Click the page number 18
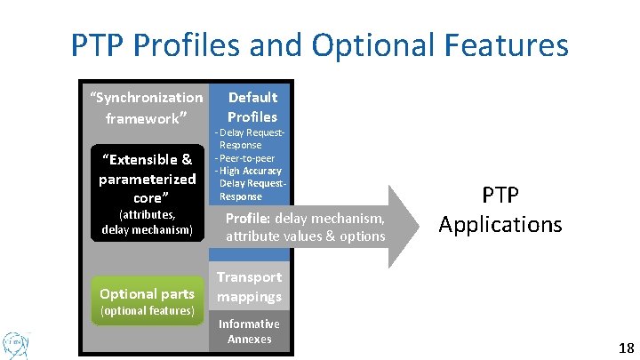(x=625, y=348)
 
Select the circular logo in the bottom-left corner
(x=15, y=342)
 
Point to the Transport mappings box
(x=250, y=287)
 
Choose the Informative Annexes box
(x=249, y=331)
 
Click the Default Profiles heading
(x=252, y=107)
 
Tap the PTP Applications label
(x=500, y=210)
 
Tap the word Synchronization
(x=148, y=97)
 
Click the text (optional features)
(x=147, y=311)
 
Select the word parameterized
(x=147, y=179)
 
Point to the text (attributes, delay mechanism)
(x=147, y=222)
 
